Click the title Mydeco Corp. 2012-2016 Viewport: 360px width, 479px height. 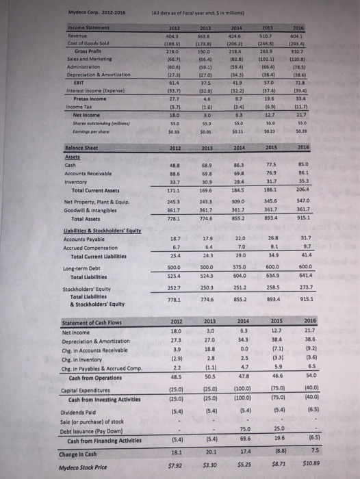click(x=45, y=10)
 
